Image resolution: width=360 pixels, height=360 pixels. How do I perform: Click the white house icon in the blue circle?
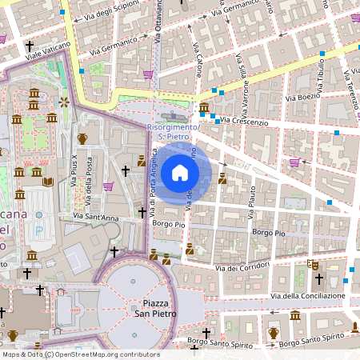point(180,173)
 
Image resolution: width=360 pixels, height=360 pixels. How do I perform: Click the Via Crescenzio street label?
point(244,121)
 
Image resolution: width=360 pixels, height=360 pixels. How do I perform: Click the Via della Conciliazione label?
point(308,296)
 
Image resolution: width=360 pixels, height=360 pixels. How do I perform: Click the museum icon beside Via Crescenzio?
point(204,108)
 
